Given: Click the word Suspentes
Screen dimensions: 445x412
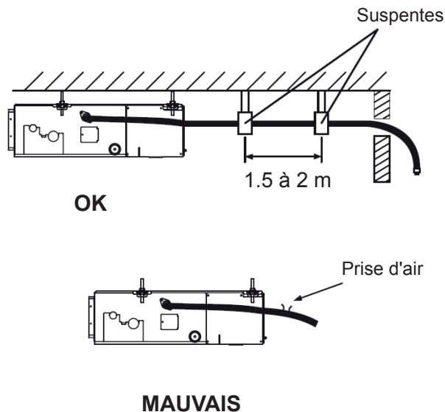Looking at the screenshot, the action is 400,15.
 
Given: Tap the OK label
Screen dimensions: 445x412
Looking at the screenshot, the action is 91,203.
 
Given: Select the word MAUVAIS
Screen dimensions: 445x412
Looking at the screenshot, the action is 192,402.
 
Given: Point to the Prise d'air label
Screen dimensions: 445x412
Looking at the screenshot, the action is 382,268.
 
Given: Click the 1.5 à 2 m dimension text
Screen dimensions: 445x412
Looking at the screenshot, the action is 287,180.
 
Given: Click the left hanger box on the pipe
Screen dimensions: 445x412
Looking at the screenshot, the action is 245,123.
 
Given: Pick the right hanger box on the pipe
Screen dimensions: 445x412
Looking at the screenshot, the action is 321,123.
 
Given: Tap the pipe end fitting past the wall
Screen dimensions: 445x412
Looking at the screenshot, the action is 416,172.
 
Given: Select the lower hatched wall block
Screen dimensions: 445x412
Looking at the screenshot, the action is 382,158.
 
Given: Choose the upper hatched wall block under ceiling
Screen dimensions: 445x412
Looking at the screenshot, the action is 382,105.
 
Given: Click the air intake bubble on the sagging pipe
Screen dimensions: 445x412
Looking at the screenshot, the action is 287,307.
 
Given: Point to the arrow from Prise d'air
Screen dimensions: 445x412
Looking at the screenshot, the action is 318,291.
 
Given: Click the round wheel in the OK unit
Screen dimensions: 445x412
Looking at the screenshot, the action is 115,149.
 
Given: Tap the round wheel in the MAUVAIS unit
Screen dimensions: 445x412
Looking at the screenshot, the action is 195,337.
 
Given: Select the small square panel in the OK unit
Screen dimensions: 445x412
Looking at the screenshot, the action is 89,134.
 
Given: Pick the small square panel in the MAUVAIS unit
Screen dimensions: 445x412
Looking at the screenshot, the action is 169,321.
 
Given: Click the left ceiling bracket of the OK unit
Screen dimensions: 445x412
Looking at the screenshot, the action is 62,104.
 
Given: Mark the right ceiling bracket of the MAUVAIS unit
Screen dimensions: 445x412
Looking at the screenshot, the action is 252,291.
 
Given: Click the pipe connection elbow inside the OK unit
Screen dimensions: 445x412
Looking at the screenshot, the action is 85,116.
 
